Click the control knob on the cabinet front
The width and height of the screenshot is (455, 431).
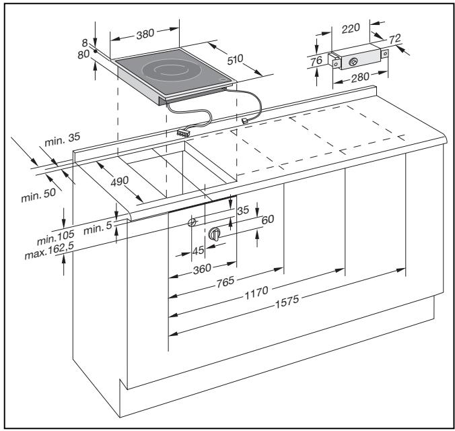pos(215,234)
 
